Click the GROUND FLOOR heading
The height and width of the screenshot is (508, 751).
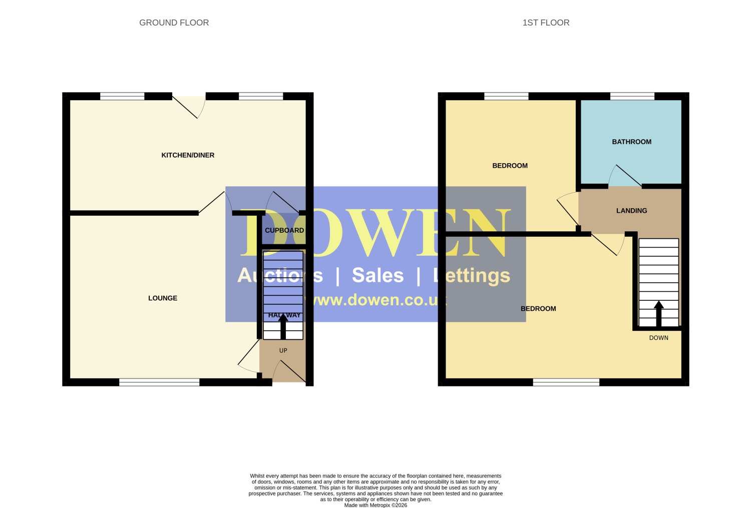click(174, 23)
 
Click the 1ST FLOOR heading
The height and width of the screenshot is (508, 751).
click(546, 23)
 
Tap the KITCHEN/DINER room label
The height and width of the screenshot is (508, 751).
click(188, 155)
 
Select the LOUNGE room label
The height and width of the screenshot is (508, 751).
click(163, 298)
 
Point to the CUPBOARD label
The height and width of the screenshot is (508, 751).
click(284, 230)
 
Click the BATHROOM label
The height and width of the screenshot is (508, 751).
click(632, 142)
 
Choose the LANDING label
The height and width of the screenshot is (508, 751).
click(632, 211)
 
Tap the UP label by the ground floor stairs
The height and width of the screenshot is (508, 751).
click(283, 350)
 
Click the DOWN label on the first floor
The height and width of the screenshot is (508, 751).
click(659, 338)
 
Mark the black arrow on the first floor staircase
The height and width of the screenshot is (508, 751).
click(659, 314)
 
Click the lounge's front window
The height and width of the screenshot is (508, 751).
click(159, 382)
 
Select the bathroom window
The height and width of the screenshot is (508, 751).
click(632, 96)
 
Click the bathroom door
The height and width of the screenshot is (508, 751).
click(625, 176)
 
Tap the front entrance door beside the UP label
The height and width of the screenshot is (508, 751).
click(289, 371)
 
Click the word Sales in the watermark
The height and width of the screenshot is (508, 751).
click(378, 275)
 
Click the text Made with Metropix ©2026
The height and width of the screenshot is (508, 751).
click(375, 505)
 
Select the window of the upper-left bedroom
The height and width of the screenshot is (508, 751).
click(506, 96)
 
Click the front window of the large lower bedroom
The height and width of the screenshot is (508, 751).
click(566, 382)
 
